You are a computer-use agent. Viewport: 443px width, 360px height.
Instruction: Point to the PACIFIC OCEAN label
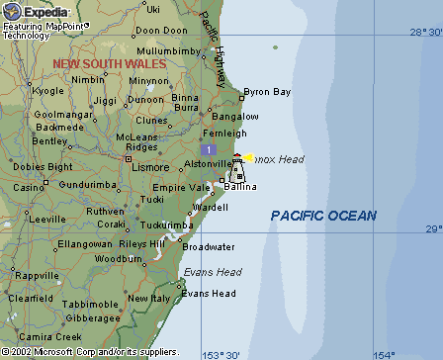pos(323,216)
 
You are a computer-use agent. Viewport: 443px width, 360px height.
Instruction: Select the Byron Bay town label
pos(267,92)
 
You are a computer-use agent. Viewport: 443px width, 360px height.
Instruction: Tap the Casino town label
pos(29,187)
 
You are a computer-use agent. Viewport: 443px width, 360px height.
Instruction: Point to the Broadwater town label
pos(209,246)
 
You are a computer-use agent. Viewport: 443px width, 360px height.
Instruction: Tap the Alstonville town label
pos(206,163)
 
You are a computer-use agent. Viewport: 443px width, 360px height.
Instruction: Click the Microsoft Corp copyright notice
pos(89,352)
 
